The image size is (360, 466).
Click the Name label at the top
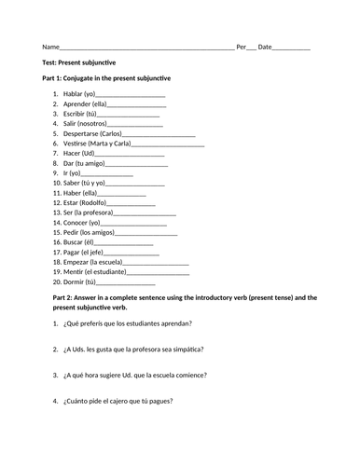click(x=50, y=47)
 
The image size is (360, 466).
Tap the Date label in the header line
click(x=265, y=47)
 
